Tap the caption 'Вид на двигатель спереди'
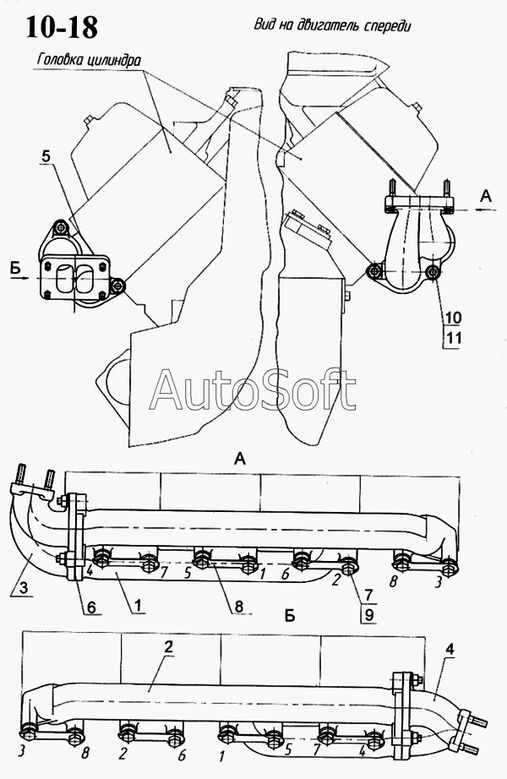(332, 25)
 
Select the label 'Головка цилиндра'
(88, 61)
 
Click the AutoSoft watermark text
(253, 390)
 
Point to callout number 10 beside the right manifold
(454, 318)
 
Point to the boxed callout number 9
(369, 615)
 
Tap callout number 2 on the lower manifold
(169, 646)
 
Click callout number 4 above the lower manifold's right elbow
(450, 649)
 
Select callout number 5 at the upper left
(46, 155)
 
